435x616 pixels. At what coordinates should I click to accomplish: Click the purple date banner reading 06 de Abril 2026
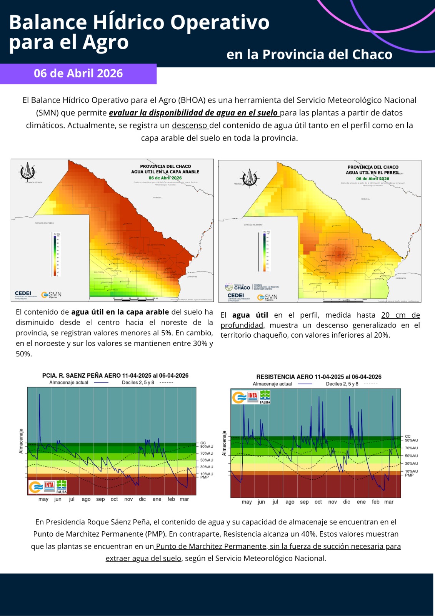[78, 74]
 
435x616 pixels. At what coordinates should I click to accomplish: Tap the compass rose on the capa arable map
[28, 171]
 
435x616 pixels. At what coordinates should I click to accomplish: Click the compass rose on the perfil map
[250, 178]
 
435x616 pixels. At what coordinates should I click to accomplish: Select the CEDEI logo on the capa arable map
[23, 295]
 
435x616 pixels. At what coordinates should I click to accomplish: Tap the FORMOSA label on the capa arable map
[157, 198]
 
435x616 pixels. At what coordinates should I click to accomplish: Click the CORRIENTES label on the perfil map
[400, 278]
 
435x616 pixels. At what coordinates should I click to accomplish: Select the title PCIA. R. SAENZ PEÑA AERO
[115, 375]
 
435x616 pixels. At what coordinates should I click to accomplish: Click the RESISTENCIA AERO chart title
[319, 377]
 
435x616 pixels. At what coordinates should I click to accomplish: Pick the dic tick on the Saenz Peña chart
[142, 499]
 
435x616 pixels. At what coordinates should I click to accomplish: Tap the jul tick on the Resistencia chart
[275, 502]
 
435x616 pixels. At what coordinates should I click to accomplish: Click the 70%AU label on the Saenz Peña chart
[207, 453]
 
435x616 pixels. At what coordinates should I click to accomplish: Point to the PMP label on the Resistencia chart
[409, 475]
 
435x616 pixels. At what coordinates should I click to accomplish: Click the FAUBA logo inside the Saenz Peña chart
[62, 487]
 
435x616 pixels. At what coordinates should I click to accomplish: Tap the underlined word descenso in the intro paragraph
[190, 126]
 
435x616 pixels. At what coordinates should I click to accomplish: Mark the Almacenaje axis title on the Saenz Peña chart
[21, 441]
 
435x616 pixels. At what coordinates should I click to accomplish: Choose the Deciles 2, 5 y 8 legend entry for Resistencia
[342, 384]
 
